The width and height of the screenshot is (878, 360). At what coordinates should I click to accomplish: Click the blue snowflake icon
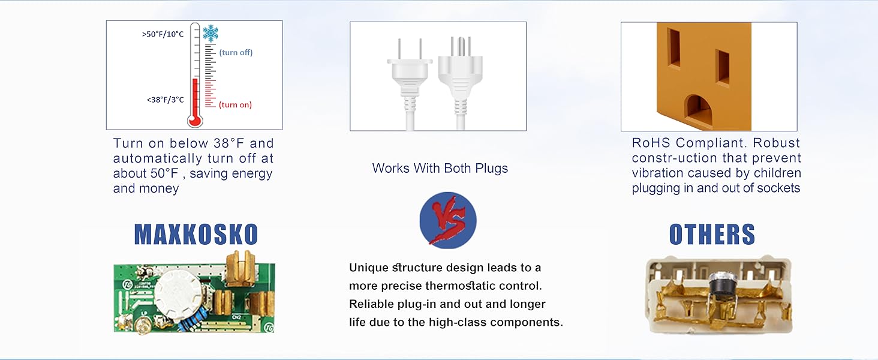[x=211, y=33]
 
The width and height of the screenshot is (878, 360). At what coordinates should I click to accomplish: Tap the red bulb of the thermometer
[x=194, y=119]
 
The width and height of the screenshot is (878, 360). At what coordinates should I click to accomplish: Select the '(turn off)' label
[x=236, y=53]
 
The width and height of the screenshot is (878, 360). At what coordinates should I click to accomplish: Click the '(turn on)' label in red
[x=235, y=105]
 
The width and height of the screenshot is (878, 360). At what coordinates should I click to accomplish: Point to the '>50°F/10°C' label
[x=163, y=34]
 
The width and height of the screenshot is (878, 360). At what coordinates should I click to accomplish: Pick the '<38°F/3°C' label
[x=165, y=100]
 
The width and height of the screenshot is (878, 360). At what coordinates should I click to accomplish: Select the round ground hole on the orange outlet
[x=699, y=110]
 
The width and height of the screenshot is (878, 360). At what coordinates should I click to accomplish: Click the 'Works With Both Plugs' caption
[x=440, y=169]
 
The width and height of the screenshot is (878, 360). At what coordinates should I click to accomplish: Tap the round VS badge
[x=447, y=220]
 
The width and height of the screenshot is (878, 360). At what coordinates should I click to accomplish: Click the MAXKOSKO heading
[x=196, y=235]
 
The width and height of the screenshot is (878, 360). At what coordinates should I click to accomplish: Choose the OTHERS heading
[x=712, y=235]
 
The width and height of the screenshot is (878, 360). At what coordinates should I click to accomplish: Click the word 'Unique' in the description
[x=368, y=268]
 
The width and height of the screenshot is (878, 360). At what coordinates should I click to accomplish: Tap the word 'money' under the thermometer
[x=160, y=188]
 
